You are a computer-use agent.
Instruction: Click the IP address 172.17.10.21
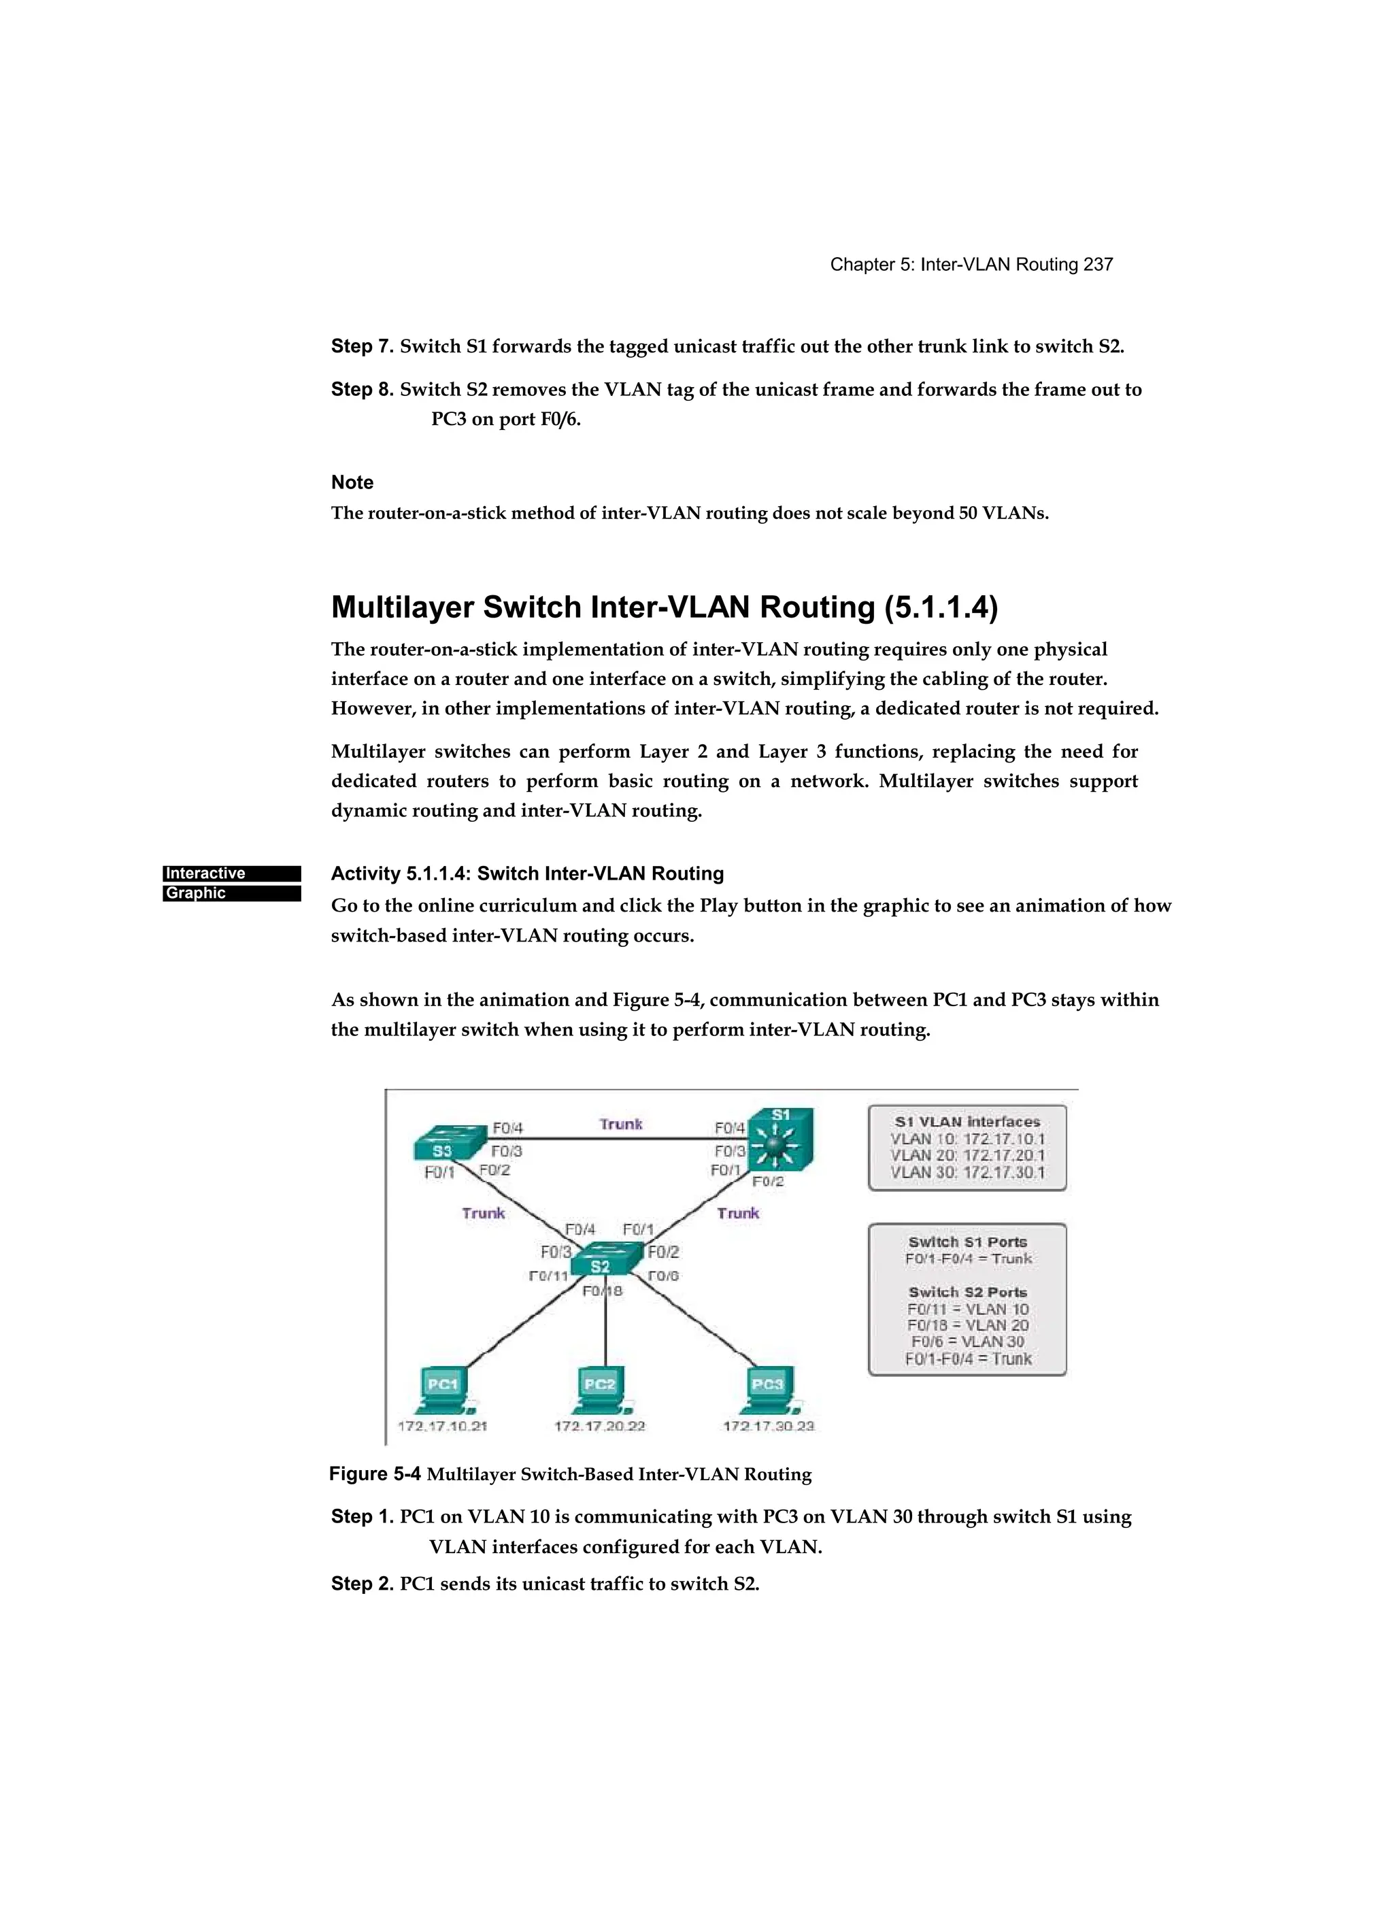442,1426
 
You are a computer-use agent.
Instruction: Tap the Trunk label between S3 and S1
620,1124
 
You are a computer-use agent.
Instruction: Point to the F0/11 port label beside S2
548,1276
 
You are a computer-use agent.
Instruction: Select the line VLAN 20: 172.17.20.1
967,1156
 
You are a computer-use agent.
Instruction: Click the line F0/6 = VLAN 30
967,1341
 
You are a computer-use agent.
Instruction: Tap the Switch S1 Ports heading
967,1241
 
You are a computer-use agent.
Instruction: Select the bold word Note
352,482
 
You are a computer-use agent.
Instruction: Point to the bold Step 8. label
362,390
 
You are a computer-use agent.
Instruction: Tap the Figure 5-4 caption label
375,1474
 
